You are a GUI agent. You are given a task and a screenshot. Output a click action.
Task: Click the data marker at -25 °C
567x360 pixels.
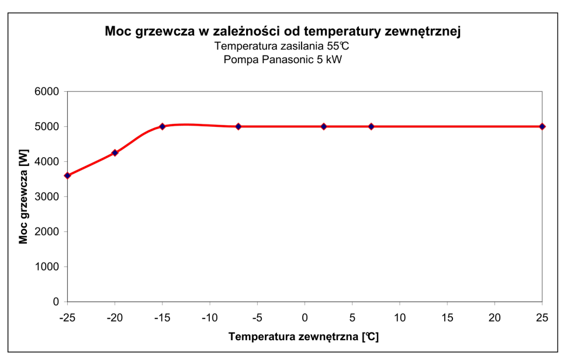point(67,175)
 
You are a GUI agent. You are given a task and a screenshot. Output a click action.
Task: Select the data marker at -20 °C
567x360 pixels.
point(115,153)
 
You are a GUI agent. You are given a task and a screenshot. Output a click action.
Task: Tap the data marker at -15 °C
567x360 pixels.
point(163,126)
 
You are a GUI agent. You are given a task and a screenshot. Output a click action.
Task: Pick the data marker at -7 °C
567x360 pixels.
point(238,126)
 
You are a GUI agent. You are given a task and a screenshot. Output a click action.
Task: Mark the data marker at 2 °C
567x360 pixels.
point(324,126)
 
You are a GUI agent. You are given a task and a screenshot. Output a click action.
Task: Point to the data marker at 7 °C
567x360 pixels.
point(371,126)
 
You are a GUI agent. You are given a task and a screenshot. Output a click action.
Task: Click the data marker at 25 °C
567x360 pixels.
point(542,126)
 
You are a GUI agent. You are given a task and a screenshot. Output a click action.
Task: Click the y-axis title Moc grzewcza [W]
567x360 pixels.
point(23,196)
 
